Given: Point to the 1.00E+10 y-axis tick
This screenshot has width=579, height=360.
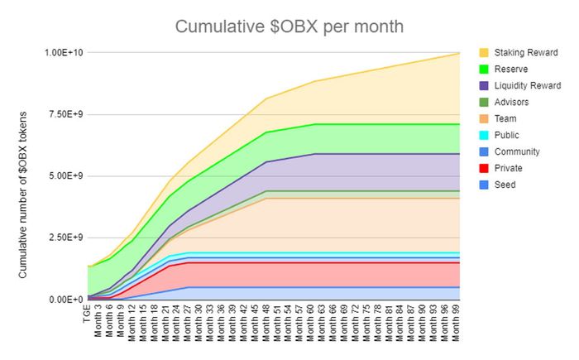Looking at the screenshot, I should coord(64,53).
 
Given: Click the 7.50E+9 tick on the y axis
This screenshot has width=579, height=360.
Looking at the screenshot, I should coord(64,114).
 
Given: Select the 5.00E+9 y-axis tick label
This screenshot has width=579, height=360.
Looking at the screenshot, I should coord(64,176).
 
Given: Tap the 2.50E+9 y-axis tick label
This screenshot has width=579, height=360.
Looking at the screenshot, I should coord(64,238).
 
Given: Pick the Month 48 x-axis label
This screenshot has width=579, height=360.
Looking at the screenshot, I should coord(267,324).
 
